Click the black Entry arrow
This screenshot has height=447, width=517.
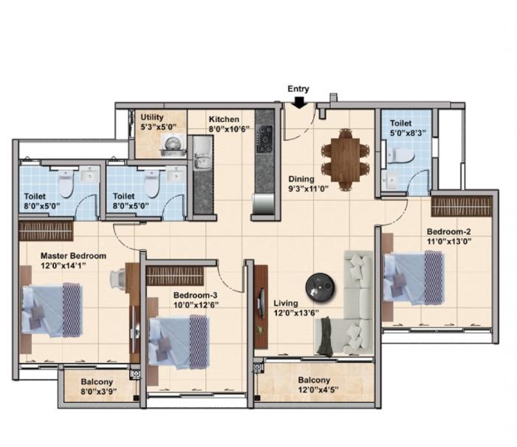pyautogui.click(x=298, y=102)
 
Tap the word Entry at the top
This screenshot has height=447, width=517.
pyautogui.click(x=298, y=89)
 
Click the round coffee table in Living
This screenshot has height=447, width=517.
pyautogui.click(x=320, y=285)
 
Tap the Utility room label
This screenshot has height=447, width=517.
pyautogui.click(x=153, y=117)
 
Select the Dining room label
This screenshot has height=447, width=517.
pyautogui.click(x=301, y=179)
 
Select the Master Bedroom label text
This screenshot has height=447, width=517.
pyautogui.click(x=73, y=256)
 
